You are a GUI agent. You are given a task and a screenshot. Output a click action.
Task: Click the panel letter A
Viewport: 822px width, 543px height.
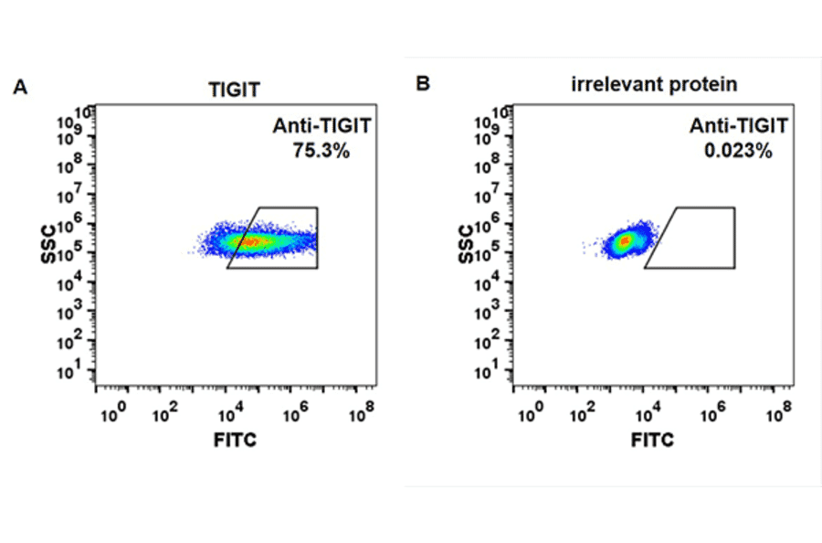(20, 87)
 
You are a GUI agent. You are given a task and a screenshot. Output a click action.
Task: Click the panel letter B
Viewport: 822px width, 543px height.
(422, 83)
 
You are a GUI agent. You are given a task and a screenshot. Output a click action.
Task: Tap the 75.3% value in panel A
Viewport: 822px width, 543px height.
(321, 152)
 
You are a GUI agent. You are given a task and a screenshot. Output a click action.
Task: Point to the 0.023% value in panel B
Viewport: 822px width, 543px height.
(738, 152)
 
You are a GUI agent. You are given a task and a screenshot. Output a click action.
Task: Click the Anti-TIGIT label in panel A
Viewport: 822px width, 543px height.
(321, 127)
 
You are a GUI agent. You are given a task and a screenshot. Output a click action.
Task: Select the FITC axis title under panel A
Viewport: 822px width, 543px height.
(235, 440)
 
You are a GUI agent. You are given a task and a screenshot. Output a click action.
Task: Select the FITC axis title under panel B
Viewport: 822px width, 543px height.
(653, 440)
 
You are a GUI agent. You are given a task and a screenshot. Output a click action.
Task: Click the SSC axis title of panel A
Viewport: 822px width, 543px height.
(49, 244)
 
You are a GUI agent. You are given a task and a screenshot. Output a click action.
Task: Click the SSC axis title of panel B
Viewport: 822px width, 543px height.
(467, 244)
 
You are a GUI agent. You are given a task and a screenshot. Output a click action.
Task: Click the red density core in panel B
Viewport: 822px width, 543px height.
(625, 241)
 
